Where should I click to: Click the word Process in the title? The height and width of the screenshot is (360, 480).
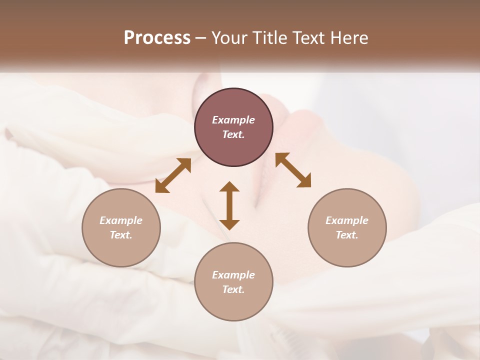[157, 37]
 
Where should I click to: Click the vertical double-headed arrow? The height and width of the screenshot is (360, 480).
[229, 205]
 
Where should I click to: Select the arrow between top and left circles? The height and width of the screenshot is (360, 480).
[173, 175]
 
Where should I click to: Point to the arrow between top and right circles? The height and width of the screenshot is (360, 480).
[293, 170]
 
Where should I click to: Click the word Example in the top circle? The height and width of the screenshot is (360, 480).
[233, 120]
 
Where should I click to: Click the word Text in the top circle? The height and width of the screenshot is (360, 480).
[233, 134]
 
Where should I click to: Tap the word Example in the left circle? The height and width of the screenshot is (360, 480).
[121, 220]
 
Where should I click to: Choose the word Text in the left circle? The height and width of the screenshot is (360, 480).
[121, 235]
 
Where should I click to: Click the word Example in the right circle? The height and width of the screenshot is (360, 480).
[347, 220]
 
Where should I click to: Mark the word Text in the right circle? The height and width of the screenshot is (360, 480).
[347, 235]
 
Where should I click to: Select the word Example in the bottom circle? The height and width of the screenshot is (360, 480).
[233, 275]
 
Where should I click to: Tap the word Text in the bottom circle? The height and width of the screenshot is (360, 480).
[233, 289]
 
